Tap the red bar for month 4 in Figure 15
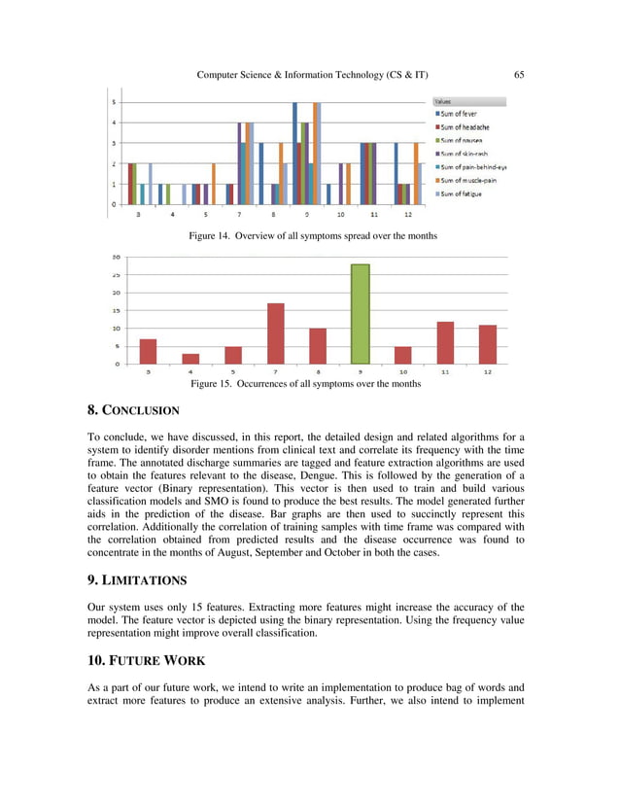(190, 359)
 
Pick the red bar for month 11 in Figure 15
(445, 342)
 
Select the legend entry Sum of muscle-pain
(470, 180)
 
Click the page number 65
(518, 75)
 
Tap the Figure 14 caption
(309, 236)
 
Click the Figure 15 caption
(305, 384)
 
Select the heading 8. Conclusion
(135, 410)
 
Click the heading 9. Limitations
(137, 579)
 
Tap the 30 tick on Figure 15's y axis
(117, 259)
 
